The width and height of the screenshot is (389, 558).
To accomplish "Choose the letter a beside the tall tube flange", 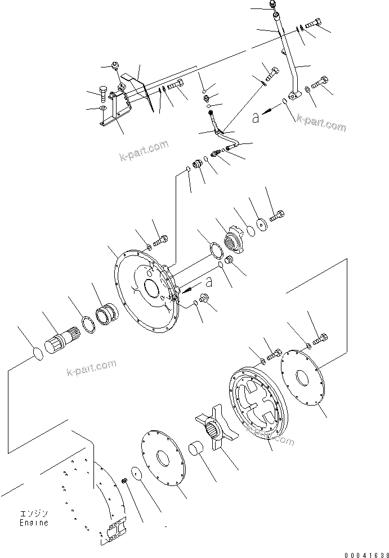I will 256,118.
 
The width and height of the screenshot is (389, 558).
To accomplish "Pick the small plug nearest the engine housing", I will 124,481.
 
